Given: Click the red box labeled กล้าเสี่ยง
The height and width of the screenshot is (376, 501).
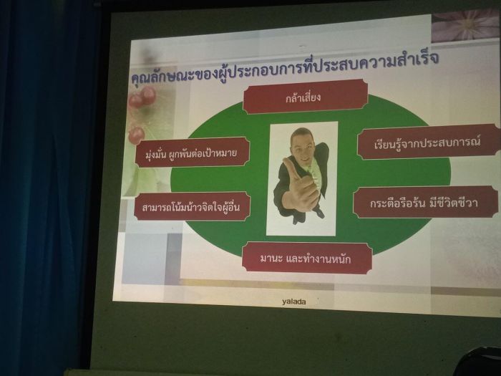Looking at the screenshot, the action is point(305,96).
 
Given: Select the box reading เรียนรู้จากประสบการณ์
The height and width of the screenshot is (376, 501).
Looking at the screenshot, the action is point(428,142).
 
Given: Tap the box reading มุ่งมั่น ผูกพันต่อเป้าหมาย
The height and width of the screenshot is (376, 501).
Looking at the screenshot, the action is point(193,153).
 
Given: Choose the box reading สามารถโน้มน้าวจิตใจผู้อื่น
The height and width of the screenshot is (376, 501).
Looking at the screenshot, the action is point(192,206).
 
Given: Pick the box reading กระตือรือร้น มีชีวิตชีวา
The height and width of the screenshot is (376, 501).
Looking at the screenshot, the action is point(425,202).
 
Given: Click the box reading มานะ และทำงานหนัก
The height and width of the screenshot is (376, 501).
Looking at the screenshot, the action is point(307,258).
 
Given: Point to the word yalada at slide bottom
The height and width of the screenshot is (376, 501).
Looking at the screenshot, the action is point(294,302).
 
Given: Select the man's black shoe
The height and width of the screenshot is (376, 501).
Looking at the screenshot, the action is point(319,213).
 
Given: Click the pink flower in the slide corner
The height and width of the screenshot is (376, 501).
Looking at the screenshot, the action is point(466,26).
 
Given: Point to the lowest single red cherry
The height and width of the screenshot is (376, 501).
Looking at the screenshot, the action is point(137,135).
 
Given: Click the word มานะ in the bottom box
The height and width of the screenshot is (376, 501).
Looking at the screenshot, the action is point(271,258).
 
